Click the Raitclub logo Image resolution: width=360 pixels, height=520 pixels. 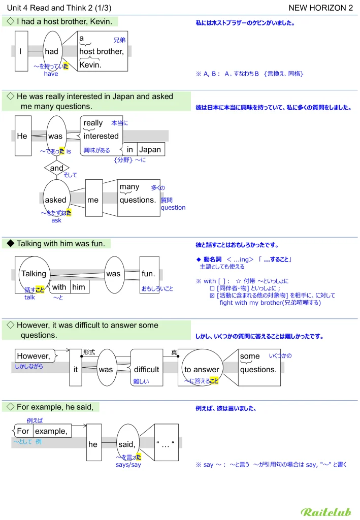pyautogui.click(x=325, y=511)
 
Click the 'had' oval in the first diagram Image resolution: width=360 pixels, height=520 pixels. pyautogui.click(x=52, y=51)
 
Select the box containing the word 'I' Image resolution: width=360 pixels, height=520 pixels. pyautogui.click(x=21, y=51)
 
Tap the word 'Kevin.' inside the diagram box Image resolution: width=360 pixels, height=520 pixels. pyautogui.click(x=91, y=64)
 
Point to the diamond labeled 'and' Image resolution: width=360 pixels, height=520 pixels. pyautogui.click(x=57, y=168)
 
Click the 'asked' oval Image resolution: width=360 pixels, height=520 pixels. pyautogui.click(x=56, y=200)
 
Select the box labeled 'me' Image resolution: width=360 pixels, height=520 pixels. pyautogui.click(x=93, y=200)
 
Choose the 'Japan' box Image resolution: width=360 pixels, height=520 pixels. pyautogui.click(x=150, y=149)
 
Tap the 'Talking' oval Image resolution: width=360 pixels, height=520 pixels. pyautogui.click(x=34, y=274)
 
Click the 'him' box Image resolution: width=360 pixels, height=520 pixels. pyautogui.click(x=79, y=287)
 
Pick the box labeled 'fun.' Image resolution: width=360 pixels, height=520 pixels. pyautogui.click(x=148, y=274)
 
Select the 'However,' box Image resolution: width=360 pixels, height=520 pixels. pyautogui.click(x=34, y=355)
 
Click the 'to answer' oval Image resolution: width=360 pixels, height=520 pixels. pyautogui.click(x=202, y=369)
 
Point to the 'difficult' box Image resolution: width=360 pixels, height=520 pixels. pyautogui.click(x=146, y=369)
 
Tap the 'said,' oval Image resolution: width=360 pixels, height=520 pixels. pyautogui.click(x=126, y=444)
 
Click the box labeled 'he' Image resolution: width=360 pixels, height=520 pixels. pyautogui.click(x=93, y=444)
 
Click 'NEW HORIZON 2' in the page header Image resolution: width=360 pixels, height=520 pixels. pyautogui.click(x=320, y=8)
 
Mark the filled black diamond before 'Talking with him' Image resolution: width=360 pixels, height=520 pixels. pyautogui.click(x=10, y=244)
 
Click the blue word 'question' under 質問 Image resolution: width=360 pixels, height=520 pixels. pyautogui.click(x=173, y=207)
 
